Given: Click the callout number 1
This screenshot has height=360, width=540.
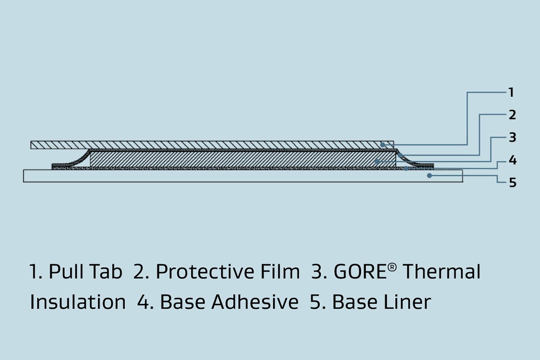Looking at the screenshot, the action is [511, 93].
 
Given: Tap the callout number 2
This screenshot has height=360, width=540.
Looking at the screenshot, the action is [512, 115].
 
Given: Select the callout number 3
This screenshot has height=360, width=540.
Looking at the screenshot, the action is [512, 138].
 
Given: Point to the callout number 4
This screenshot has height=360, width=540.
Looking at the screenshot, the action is [513, 160].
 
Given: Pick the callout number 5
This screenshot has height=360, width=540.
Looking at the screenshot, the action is [513, 183].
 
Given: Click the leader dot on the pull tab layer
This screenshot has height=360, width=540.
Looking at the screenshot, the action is [382, 145].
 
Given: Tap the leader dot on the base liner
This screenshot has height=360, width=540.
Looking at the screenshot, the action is [429, 175].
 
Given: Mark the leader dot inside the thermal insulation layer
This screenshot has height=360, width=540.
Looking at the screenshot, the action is [378, 162].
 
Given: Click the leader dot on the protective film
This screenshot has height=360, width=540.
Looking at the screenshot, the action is [400, 155].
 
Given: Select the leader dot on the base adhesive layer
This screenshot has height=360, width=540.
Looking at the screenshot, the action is [406, 168].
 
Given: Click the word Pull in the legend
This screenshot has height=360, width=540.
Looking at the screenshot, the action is [64, 272].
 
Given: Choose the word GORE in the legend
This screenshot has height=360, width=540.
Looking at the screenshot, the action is [360, 272].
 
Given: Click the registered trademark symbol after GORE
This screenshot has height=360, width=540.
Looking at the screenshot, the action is [392, 268].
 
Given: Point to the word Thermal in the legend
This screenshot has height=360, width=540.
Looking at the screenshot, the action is [441, 272].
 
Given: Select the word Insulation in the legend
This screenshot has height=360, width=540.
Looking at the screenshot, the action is [78, 302].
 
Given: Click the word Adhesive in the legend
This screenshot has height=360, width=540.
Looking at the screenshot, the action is [255, 302].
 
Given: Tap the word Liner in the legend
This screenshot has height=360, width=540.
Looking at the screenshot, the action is [382, 302].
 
